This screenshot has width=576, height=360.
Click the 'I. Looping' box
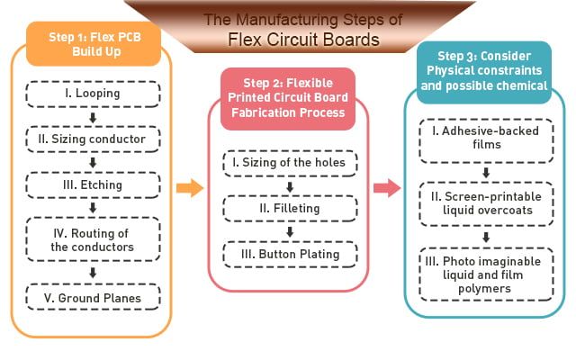click(94, 94)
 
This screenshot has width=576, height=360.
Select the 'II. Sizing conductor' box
click(94, 139)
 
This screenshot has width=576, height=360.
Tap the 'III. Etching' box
click(94, 185)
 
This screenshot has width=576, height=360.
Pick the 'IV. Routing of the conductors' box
click(94, 238)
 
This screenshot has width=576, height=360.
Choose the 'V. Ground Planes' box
click(94, 295)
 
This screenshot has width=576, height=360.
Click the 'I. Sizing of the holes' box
click(290, 164)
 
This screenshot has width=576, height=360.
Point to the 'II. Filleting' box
click(290, 209)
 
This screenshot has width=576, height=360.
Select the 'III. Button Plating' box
click(290, 255)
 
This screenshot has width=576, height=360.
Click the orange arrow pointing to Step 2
click(190, 188)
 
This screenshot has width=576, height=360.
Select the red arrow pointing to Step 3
click(387, 188)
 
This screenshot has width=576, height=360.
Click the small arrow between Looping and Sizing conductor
click(93, 117)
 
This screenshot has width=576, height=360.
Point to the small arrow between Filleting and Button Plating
click(290, 231)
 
